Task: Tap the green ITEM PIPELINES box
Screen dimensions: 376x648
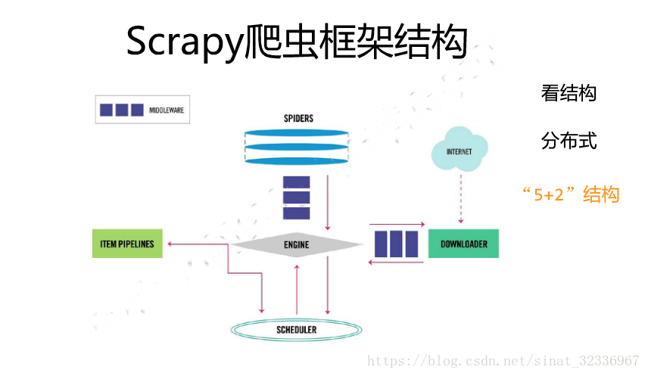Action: tap(126, 244)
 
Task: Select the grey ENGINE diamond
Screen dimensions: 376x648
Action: tap(297, 244)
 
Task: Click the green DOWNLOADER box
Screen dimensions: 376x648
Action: tap(463, 244)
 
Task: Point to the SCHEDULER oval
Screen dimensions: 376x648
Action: tap(296, 330)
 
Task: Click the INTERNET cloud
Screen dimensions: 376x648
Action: tap(459, 152)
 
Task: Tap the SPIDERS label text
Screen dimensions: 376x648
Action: tap(298, 119)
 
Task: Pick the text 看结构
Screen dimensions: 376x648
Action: tap(569, 93)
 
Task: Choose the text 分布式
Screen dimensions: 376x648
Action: tap(569, 141)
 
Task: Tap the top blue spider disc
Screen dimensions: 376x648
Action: tap(297, 134)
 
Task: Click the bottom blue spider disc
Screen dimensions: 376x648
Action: tap(297, 160)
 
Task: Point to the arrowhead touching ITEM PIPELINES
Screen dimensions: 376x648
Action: tap(170, 244)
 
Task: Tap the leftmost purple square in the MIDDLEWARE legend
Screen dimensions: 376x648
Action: tap(106, 110)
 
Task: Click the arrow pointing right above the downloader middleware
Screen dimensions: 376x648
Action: tap(397, 224)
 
